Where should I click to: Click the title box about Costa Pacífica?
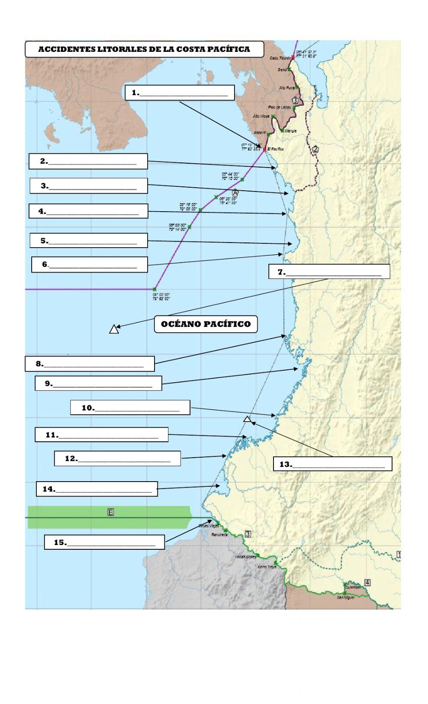point(144,49)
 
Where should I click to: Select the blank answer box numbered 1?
point(180,93)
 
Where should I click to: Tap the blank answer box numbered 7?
point(329,272)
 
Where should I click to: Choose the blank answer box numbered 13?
point(333,464)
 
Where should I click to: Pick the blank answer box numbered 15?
point(104,542)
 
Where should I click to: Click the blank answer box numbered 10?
point(130,407)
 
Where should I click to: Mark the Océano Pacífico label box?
point(206,324)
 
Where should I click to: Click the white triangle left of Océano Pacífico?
point(114,329)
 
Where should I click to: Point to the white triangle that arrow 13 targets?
point(247,419)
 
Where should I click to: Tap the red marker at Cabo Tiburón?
point(293,57)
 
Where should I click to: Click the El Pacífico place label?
point(275,149)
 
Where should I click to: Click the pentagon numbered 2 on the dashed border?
point(315,149)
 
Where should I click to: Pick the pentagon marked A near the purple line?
point(235,193)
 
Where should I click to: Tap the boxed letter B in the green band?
point(110,512)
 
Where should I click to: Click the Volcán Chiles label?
point(245,557)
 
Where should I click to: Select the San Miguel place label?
point(345,597)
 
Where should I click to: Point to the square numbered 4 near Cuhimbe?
point(367,582)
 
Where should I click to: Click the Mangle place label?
point(291,131)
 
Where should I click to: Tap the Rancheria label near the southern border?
point(219,535)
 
